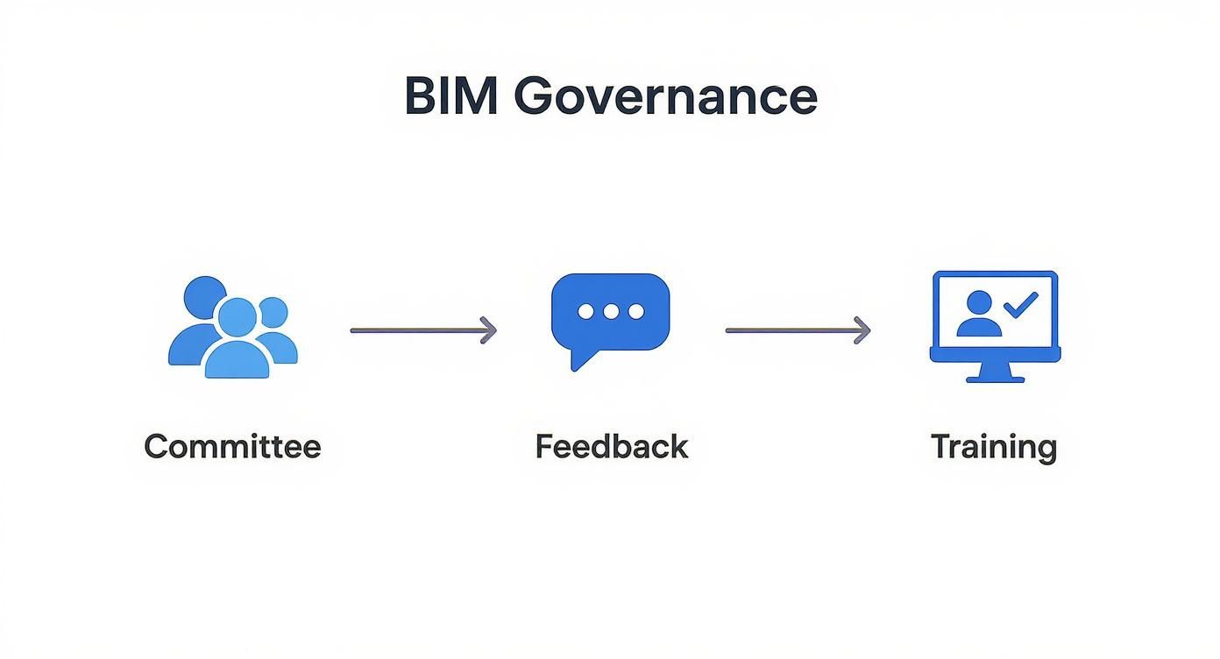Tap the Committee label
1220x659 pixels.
(232, 446)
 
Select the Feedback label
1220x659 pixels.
(611, 446)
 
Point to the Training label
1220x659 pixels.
(993, 447)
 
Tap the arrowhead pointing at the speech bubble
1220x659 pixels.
(489, 330)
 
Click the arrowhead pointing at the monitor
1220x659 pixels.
(863, 330)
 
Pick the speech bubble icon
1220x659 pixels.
(610, 314)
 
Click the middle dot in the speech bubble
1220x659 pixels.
(611, 311)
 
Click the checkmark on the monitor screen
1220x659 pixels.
(1020, 304)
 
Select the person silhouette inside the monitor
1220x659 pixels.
(979, 315)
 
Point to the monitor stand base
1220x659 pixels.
(995, 378)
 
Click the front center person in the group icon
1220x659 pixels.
(237, 342)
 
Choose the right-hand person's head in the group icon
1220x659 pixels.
(273, 311)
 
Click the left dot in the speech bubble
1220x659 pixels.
(586, 311)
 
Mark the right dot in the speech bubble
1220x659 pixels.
(635, 311)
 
